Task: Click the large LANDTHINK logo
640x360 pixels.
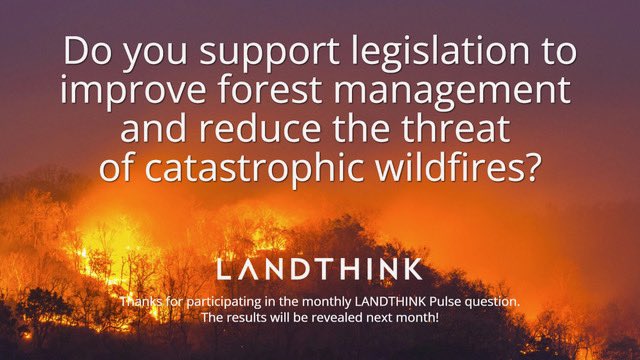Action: (320, 270)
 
